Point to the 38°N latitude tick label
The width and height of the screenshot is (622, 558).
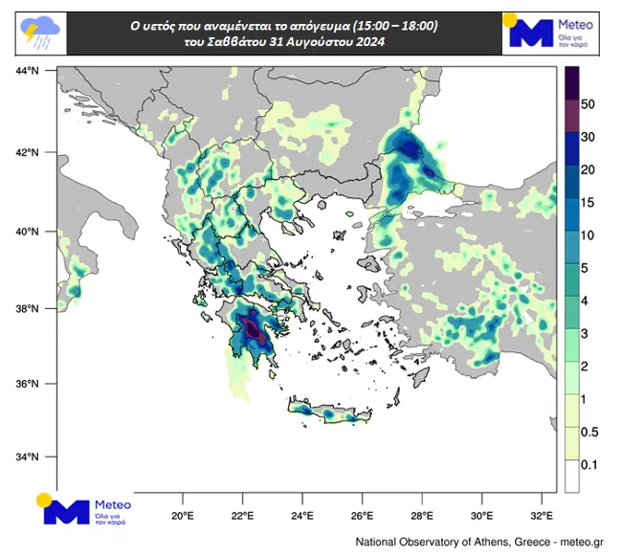pyautogui.click(x=26, y=308)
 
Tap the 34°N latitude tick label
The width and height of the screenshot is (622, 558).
pyautogui.click(x=26, y=457)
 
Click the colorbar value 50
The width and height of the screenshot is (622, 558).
pyautogui.click(x=589, y=103)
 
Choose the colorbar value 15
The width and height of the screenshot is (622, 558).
pyautogui.click(x=589, y=202)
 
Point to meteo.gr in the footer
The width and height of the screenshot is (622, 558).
pyautogui.click(x=575, y=543)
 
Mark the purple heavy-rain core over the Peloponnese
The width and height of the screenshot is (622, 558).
pyautogui.click(x=255, y=331)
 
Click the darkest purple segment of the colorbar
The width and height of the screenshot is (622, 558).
pyautogui.click(x=571, y=82)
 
